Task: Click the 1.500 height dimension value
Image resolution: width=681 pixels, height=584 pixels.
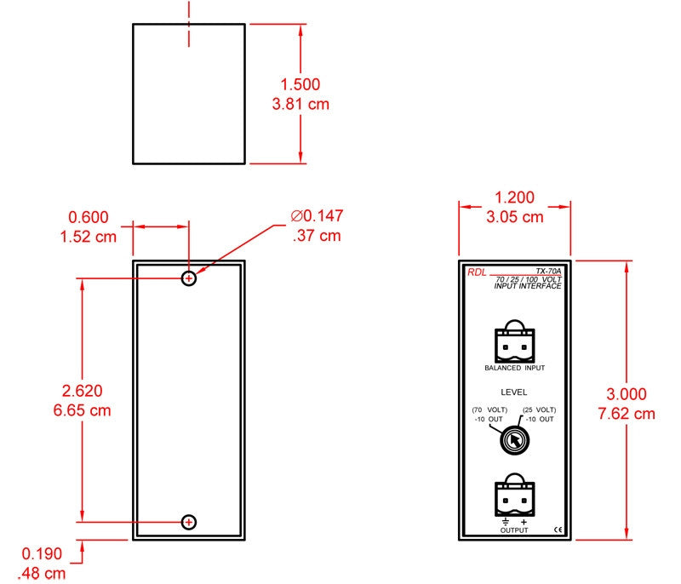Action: [300, 84]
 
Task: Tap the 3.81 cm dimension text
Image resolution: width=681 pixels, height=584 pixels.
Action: [300, 104]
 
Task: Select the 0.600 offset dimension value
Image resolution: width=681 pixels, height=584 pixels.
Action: [89, 217]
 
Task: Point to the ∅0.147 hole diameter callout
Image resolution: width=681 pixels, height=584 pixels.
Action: [317, 215]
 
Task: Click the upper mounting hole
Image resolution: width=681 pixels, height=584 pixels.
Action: [189, 278]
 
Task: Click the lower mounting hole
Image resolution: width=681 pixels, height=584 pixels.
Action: [189, 522]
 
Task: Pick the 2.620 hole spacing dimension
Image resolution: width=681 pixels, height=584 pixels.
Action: [82, 391]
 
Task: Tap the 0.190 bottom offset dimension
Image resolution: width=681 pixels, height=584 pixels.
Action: [42, 553]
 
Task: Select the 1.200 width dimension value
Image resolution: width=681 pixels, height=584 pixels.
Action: [515, 198]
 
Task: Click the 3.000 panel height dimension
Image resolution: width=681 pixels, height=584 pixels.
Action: [627, 394]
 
